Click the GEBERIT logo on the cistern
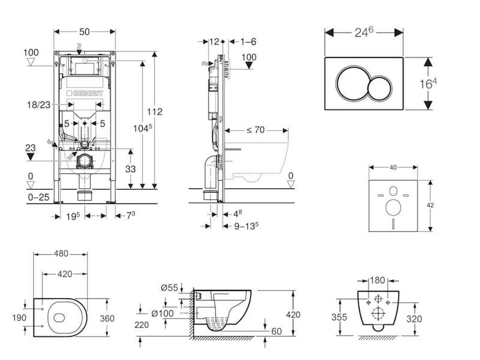point(85,93)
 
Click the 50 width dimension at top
point(85,32)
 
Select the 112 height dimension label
point(154,112)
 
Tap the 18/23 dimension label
point(38,104)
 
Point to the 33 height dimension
point(130,169)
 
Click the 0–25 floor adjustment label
point(38,197)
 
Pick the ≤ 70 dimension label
point(256,130)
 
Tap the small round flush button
point(380,88)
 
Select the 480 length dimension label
point(61,254)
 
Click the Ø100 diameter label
point(163,313)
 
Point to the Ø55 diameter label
point(169,288)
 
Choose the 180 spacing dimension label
point(377,280)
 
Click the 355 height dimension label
point(339,317)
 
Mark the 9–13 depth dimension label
point(247,226)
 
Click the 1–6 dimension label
point(248,41)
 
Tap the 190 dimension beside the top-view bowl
point(19,318)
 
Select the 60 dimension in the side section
point(277,332)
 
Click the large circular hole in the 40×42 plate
point(394,208)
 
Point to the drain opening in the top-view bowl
point(59,318)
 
